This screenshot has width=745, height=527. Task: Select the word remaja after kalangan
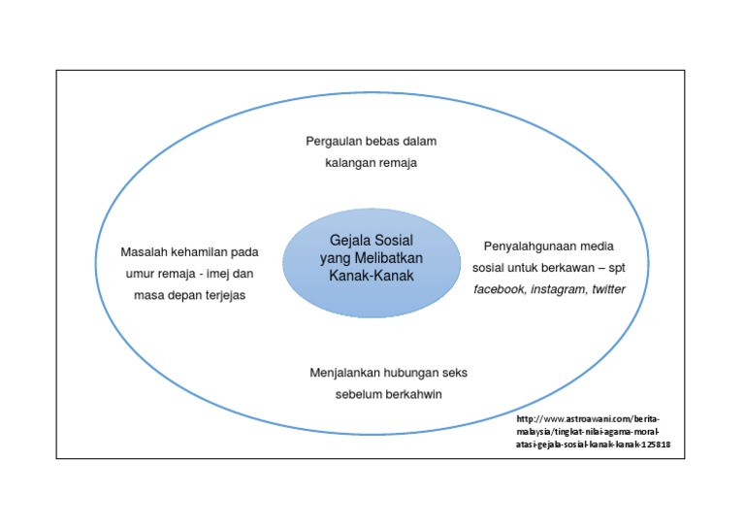point(397,163)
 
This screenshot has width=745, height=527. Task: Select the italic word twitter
point(608,288)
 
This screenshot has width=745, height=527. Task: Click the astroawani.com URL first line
point(587,417)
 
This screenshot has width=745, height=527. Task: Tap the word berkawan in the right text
point(570,267)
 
